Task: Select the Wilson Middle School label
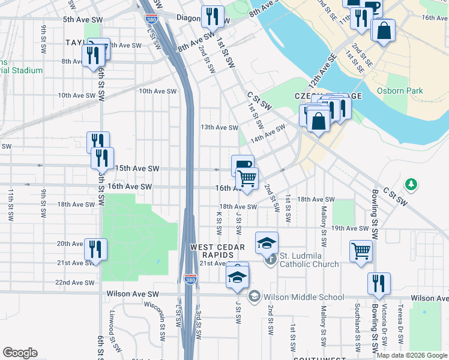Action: [x=303, y=296]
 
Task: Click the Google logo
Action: [x=20, y=353]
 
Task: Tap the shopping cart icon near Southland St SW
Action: [x=360, y=250]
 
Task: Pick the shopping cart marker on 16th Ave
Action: [x=247, y=178]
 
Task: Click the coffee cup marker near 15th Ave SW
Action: [x=243, y=165]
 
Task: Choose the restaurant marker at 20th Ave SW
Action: [x=96, y=248]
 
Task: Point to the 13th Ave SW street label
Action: [x=219, y=127]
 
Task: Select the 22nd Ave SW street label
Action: [x=75, y=282]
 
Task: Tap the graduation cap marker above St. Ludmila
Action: [x=267, y=242]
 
